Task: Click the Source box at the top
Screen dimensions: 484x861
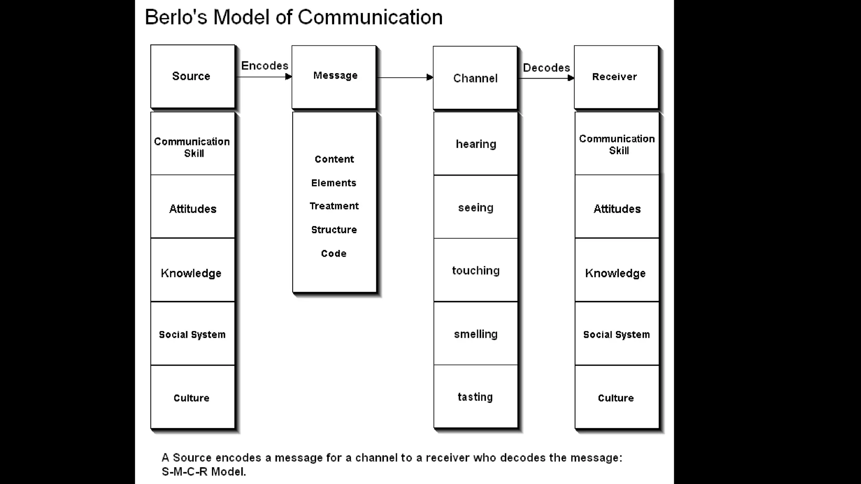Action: (x=193, y=76)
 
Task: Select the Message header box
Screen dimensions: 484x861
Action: (x=334, y=77)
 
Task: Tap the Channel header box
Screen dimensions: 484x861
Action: (x=475, y=78)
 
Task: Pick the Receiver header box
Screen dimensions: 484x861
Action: (x=616, y=77)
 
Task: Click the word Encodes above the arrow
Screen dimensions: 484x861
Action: (x=264, y=66)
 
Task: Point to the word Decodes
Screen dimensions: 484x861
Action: (x=546, y=68)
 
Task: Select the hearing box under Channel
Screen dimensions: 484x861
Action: (x=475, y=144)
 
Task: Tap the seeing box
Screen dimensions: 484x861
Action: (x=475, y=207)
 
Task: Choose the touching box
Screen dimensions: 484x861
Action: (x=475, y=270)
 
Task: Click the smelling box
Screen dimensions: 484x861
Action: (x=475, y=334)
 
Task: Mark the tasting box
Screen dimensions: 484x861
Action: (x=475, y=397)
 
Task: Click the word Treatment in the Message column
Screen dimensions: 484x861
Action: (x=334, y=206)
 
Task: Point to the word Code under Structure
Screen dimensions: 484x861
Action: (x=334, y=253)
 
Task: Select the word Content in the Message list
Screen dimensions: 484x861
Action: (x=334, y=159)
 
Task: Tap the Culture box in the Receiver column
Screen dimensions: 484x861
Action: (x=617, y=397)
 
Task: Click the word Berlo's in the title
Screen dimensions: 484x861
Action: (x=176, y=18)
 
